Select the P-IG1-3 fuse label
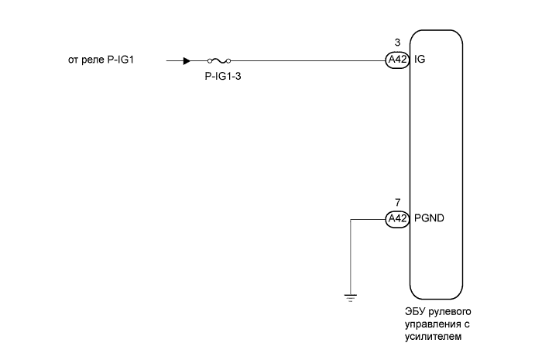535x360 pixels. [220, 76]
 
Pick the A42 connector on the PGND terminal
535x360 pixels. [396, 219]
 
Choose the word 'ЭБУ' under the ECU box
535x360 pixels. [414, 311]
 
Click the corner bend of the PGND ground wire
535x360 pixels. [351, 219]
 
